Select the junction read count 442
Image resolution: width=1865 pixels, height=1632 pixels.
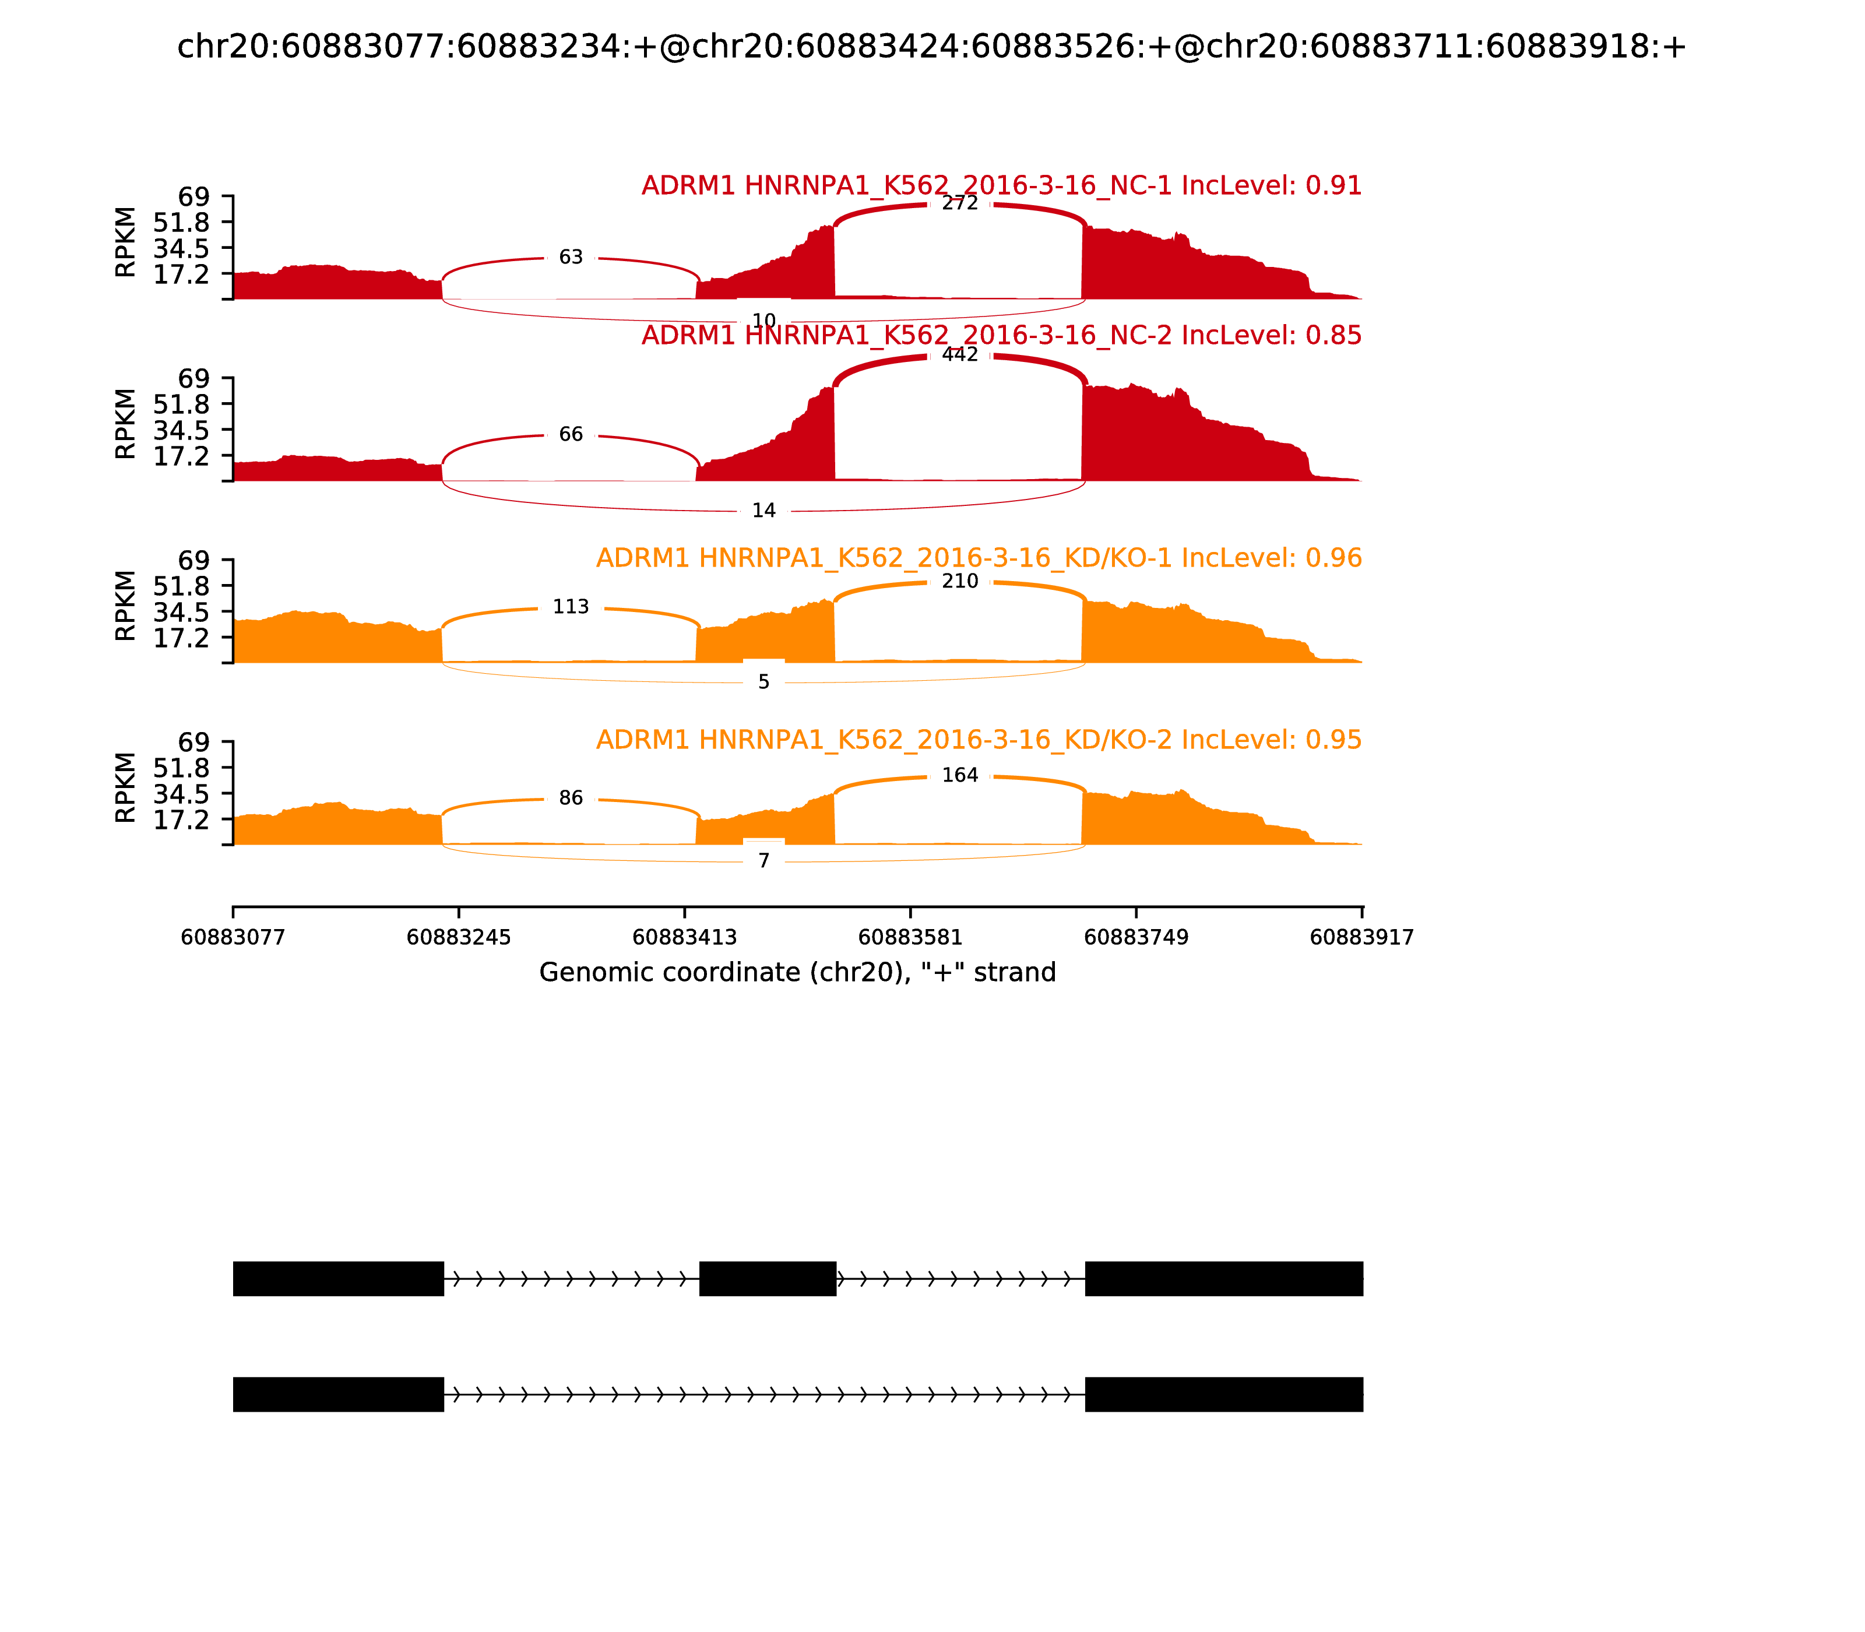(x=960, y=355)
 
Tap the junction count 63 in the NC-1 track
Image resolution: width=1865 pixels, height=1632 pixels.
(x=571, y=258)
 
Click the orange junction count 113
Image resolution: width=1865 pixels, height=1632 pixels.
(x=571, y=607)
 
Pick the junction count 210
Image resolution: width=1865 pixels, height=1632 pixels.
(x=960, y=582)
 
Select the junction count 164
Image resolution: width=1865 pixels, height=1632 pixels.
(x=960, y=776)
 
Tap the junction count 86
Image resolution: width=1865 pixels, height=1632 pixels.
(x=571, y=799)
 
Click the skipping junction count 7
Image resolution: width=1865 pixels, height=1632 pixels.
(x=764, y=861)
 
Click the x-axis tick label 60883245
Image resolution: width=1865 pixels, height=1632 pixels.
(x=459, y=938)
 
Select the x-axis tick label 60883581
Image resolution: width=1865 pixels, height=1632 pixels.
(x=910, y=938)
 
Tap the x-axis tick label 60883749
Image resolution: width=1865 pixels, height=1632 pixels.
(x=1136, y=938)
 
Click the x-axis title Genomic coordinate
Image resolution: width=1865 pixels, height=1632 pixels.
(x=798, y=973)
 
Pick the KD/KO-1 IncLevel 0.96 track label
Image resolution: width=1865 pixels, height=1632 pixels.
(x=979, y=558)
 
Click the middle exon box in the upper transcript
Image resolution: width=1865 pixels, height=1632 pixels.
(x=768, y=1279)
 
